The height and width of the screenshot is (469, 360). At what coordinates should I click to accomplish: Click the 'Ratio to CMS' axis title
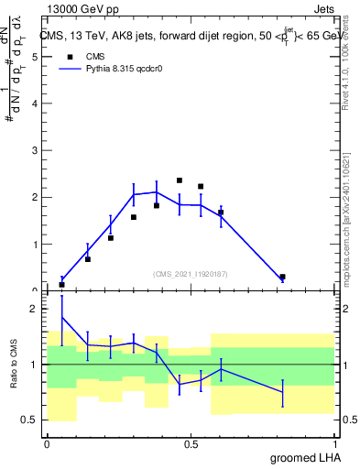pos(14,365)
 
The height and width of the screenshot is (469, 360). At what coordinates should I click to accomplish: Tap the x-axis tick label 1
pos(334,444)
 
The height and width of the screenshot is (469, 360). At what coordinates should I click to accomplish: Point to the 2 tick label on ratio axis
pos(34,310)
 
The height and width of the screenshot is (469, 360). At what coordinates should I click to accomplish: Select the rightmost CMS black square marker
pos(282,277)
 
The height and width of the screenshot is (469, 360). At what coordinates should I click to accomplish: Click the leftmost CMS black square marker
pos(62,285)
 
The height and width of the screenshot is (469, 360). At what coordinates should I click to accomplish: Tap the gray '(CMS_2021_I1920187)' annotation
pos(191,273)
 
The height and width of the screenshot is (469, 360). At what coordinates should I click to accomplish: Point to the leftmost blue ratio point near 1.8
pos(62,318)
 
